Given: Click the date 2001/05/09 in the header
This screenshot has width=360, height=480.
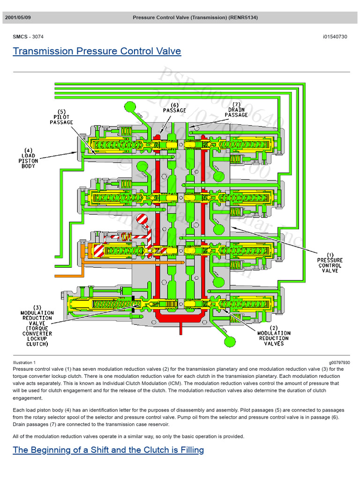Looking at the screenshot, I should coord(18,18).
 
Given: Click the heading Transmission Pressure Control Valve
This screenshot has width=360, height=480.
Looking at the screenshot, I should coord(97,51).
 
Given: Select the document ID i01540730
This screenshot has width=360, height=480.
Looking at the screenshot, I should coord(335,37).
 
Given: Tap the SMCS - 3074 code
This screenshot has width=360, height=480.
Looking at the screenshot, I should coord(28,37).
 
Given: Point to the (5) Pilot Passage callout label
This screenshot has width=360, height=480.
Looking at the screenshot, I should coord(61,117).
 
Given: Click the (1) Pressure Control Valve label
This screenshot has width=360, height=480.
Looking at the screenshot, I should coord(330,262).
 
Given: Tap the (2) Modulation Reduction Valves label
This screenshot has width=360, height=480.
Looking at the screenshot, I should coord(274,336).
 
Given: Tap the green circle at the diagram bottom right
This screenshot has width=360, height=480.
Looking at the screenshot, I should coord(230,342).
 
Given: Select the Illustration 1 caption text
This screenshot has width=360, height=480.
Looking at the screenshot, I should coord(24,362).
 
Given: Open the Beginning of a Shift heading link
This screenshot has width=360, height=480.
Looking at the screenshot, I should coord(108,450).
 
